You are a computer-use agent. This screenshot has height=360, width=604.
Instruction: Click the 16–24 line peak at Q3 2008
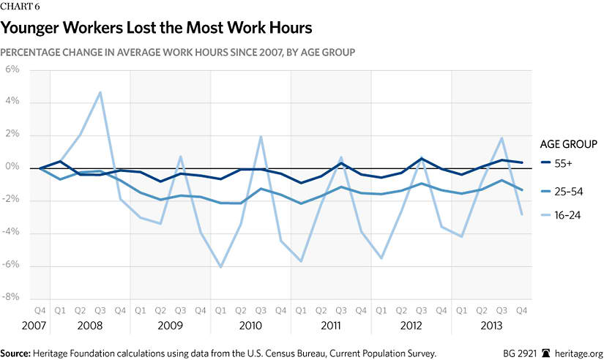(100, 92)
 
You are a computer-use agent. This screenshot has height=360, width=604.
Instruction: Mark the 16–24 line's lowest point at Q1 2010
(220, 267)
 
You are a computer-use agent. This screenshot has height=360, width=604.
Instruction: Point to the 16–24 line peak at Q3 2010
(261, 136)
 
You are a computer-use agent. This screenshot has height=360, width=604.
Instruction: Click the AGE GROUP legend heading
(569, 143)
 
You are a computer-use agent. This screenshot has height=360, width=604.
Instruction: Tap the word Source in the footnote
(20, 353)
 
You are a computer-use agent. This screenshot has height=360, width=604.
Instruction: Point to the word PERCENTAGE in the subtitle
(34, 53)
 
